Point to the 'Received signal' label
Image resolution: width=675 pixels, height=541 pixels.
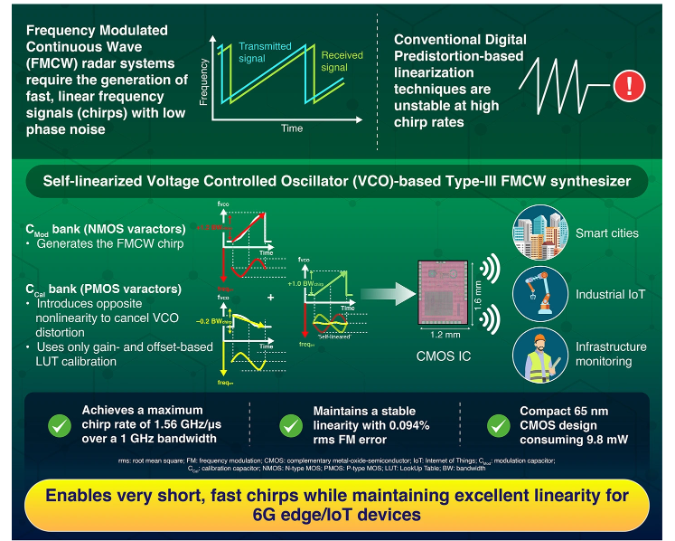click(342, 61)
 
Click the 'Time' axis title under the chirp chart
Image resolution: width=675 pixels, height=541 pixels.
click(291, 128)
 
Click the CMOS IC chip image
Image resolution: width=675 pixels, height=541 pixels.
click(445, 291)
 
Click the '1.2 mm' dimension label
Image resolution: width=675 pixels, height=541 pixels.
click(445, 334)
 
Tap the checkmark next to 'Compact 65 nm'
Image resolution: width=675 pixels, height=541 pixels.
click(498, 425)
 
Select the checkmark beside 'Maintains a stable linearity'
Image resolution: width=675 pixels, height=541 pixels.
click(291, 425)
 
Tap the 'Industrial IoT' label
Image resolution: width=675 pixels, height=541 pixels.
click(612, 295)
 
